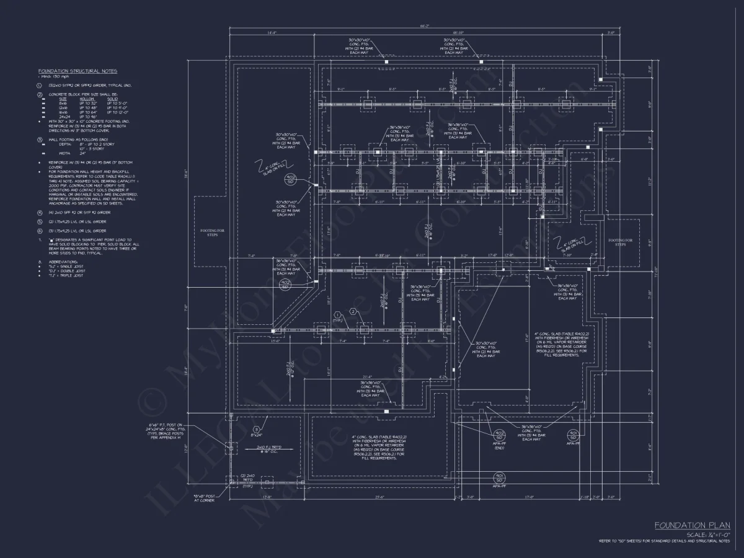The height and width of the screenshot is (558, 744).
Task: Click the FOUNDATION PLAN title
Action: [692, 525]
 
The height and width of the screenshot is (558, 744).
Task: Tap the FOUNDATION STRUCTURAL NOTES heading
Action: [77, 71]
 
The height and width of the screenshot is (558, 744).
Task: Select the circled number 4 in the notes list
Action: [40, 212]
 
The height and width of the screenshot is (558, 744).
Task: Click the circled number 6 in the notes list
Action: [40, 231]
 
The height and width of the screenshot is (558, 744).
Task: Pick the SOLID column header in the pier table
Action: [113, 98]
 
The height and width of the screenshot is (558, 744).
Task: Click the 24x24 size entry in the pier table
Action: [63, 116]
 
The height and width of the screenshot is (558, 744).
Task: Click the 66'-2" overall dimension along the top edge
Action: [424, 27]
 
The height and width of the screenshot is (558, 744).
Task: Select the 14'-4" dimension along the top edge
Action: [272, 32]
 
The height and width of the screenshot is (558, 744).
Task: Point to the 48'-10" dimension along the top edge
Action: [458, 32]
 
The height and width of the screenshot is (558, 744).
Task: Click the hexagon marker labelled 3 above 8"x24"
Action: [256, 429]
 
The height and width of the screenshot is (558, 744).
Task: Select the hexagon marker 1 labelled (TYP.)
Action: [337, 314]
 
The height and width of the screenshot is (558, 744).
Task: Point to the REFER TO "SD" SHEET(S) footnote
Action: [664, 541]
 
